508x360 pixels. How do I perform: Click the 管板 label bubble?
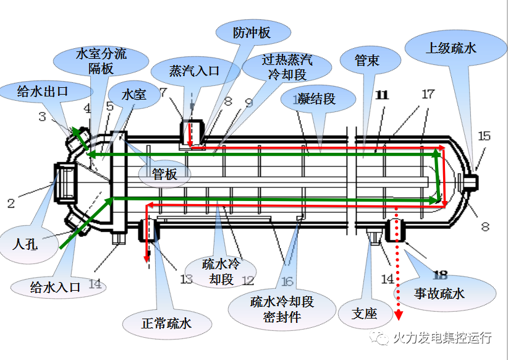(163, 174)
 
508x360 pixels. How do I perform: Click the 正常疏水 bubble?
(167, 323)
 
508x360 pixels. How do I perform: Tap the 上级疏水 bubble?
(451, 48)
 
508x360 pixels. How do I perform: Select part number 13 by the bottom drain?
(186, 280)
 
